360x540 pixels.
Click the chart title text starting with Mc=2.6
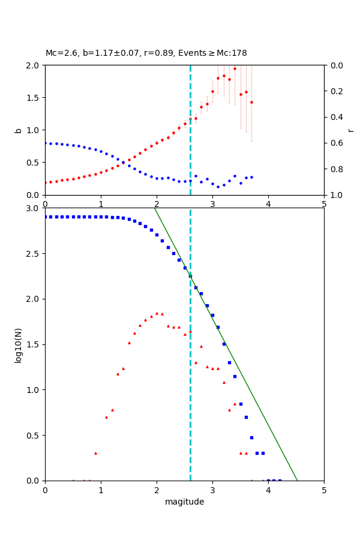pyautogui.click(x=146, y=53)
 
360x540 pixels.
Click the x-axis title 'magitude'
pyautogui.click(x=184, y=502)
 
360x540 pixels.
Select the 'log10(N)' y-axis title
pyautogui.click(x=18, y=344)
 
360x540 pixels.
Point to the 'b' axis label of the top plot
pyautogui.click(x=18, y=130)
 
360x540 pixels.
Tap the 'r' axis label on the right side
pyautogui.click(x=351, y=130)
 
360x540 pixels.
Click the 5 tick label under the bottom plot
pyautogui.click(x=324, y=490)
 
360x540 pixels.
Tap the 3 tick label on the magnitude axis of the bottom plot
pyautogui.click(x=212, y=490)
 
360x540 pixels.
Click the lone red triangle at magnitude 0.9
pyautogui.click(x=95, y=453)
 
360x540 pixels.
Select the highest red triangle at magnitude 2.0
pyautogui.click(x=157, y=313)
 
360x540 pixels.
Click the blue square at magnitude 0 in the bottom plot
pyautogui.click(x=45, y=217)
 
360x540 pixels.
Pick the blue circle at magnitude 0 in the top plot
pyautogui.click(x=45, y=143)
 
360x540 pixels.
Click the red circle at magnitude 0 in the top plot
pyautogui.click(x=45, y=182)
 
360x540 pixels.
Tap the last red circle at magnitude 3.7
pyautogui.click(x=251, y=102)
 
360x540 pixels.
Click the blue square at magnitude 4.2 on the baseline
pyautogui.click(x=279, y=480)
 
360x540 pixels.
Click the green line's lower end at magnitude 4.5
pyautogui.click(x=297, y=480)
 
